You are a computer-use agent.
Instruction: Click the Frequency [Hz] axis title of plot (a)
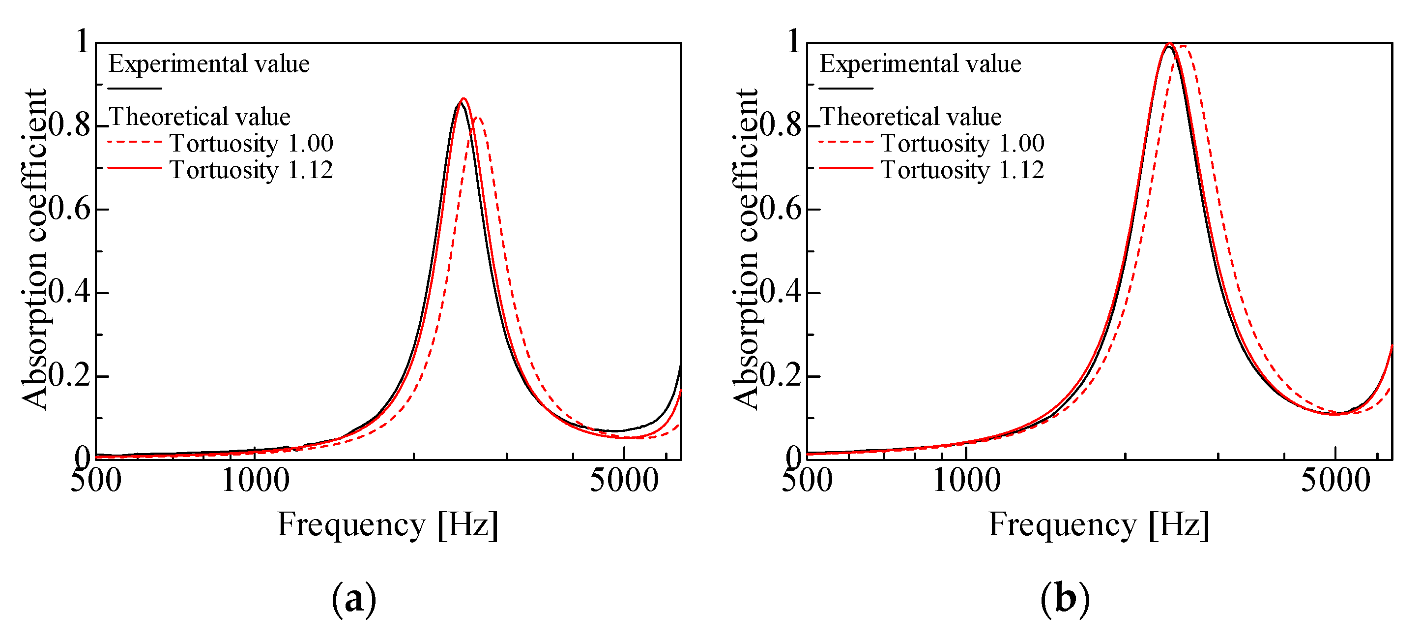[387, 524]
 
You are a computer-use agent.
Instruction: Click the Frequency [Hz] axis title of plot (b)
[1099, 524]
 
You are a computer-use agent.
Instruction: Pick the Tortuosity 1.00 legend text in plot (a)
[251, 143]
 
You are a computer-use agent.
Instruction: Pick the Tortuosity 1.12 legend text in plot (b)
[962, 170]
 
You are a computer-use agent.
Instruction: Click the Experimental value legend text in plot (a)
[209, 64]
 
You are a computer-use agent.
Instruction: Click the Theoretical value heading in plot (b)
[910, 117]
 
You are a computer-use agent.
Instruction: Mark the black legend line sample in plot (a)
[135, 88]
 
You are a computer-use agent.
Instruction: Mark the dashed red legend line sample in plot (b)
[845, 142]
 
